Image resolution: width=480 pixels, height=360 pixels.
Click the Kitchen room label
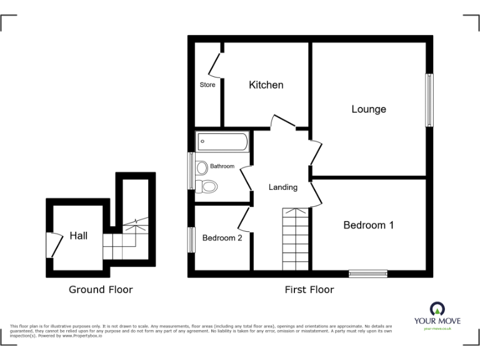(x=266, y=85)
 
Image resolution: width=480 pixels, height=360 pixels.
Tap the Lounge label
(x=369, y=109)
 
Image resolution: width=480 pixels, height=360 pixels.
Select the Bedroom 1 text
(x=369, y=225)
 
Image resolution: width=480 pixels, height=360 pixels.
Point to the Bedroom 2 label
(x=222, y=238)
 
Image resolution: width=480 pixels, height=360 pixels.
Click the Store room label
(x=207, y=85)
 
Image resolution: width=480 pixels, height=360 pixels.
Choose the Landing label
(x=283, y=187)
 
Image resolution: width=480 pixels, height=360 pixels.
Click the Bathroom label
(x=222, y=166)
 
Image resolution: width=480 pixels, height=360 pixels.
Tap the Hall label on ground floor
(x=78, y=236)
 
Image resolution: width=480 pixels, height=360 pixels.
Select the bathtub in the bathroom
(x=222, y=142)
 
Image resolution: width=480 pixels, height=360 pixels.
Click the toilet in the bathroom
(x=207, y=186)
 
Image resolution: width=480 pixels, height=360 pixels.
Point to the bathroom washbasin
(x=201, y=167)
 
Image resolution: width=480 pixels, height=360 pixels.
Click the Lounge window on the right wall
(x=429, y=100)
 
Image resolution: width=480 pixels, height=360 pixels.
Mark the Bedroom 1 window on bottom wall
(x=367, y=273)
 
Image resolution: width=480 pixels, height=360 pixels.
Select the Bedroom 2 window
(x=191, y=240)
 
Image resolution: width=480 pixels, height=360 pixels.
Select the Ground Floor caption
(x=101, y=289)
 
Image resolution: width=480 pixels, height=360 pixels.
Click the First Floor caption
(x=309, y=289)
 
